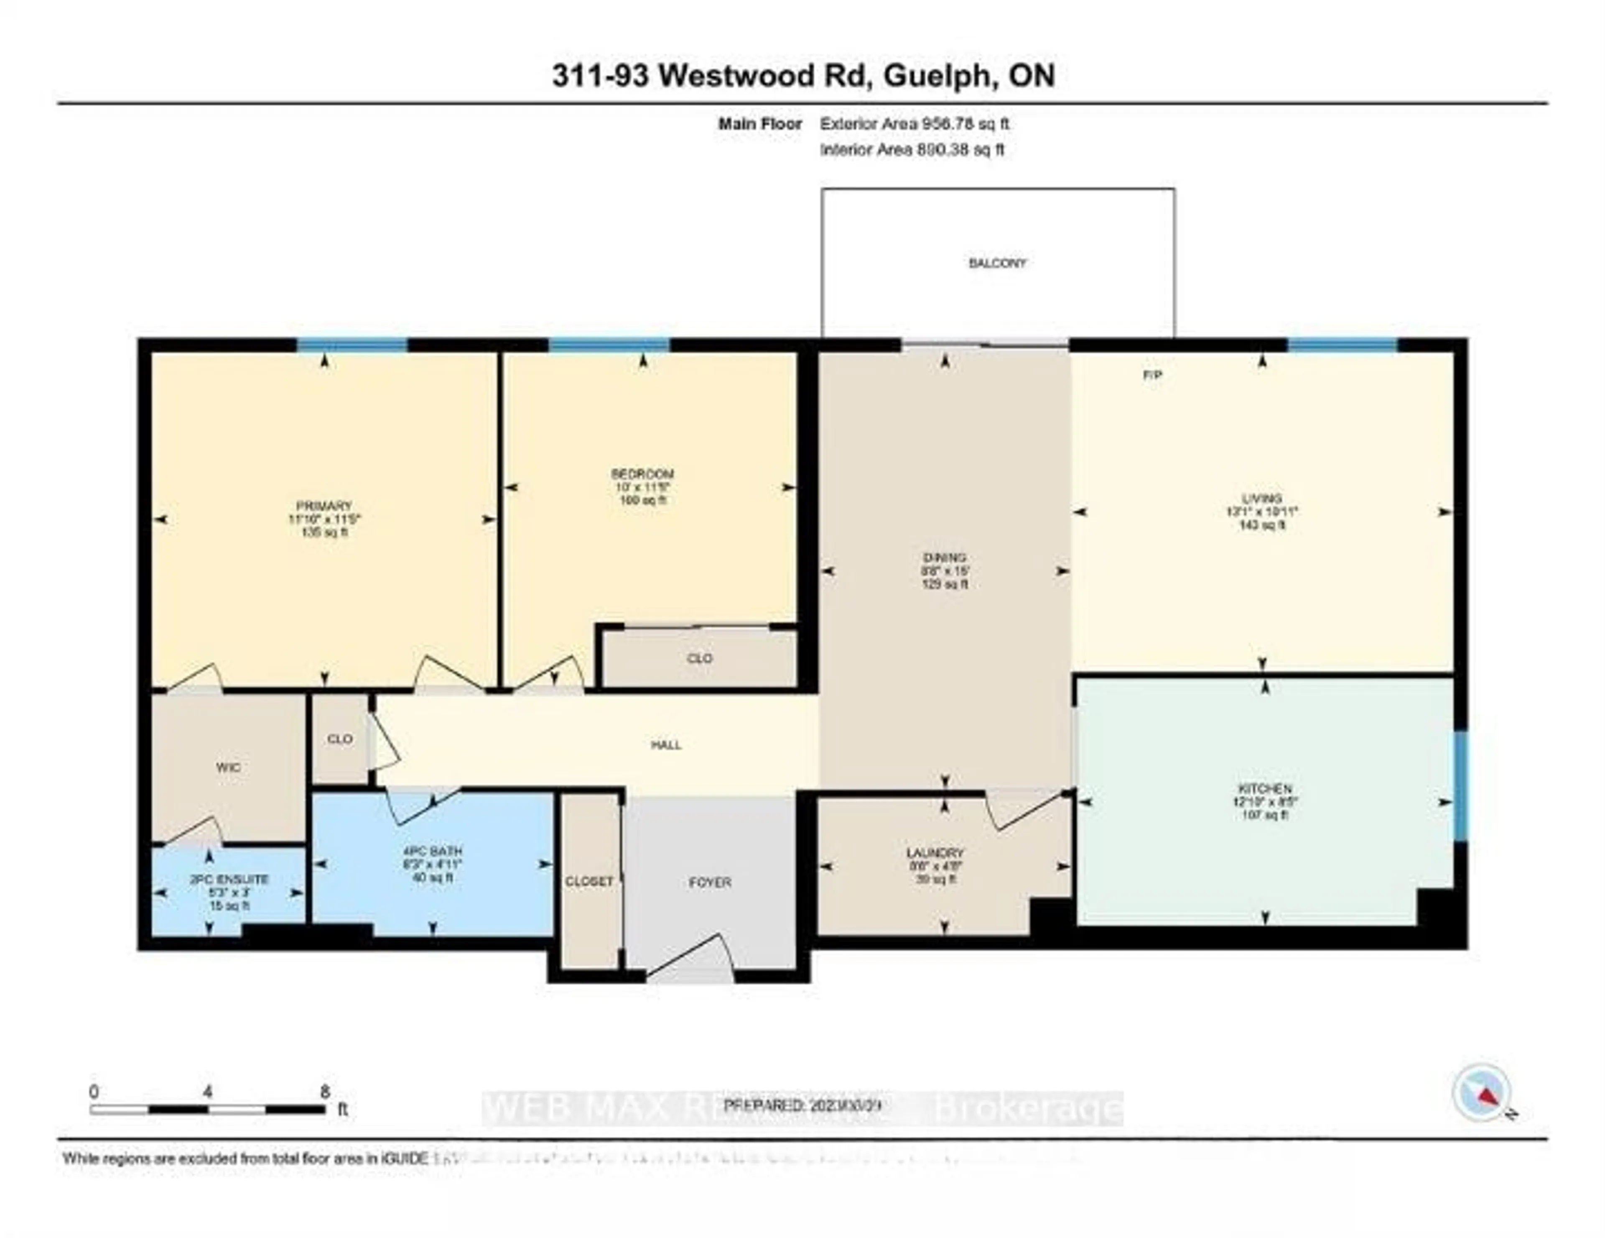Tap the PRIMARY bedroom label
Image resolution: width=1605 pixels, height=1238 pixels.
tap(324, 506)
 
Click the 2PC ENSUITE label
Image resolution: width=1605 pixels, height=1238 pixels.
tap(229, 879)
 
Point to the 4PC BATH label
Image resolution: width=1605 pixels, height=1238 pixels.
tap(432, 851)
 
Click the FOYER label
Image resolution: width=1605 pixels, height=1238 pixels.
tap(710, 882)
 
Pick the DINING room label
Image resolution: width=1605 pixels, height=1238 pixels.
tap(945, 557)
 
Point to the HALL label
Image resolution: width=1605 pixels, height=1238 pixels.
tap(666, 745)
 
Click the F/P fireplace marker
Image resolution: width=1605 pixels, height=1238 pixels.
tap(1152, 375)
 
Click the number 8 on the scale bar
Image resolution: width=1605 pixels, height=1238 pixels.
tap(325, 1092)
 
